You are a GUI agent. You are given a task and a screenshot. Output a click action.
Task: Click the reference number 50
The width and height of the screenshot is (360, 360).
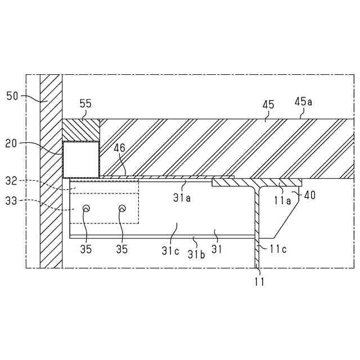[13, 96]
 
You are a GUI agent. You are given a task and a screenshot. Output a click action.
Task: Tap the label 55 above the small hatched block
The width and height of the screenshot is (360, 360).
[85, 104]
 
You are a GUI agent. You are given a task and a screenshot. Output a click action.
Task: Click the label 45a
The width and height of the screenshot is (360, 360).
[303, 102]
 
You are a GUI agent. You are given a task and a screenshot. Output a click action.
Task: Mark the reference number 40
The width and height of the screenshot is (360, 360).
[310, 196]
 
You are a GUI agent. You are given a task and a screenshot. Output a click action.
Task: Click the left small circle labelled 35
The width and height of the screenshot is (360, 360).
[86, 209]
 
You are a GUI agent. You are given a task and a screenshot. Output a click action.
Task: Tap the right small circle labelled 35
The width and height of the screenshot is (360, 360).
[121, 209]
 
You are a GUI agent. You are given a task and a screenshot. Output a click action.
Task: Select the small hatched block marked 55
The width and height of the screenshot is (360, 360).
[80, 129]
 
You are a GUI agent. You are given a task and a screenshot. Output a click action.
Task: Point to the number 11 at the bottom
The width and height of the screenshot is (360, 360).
[258, 282]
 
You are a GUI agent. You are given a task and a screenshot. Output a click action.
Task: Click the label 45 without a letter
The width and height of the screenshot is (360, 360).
[268, 104]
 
